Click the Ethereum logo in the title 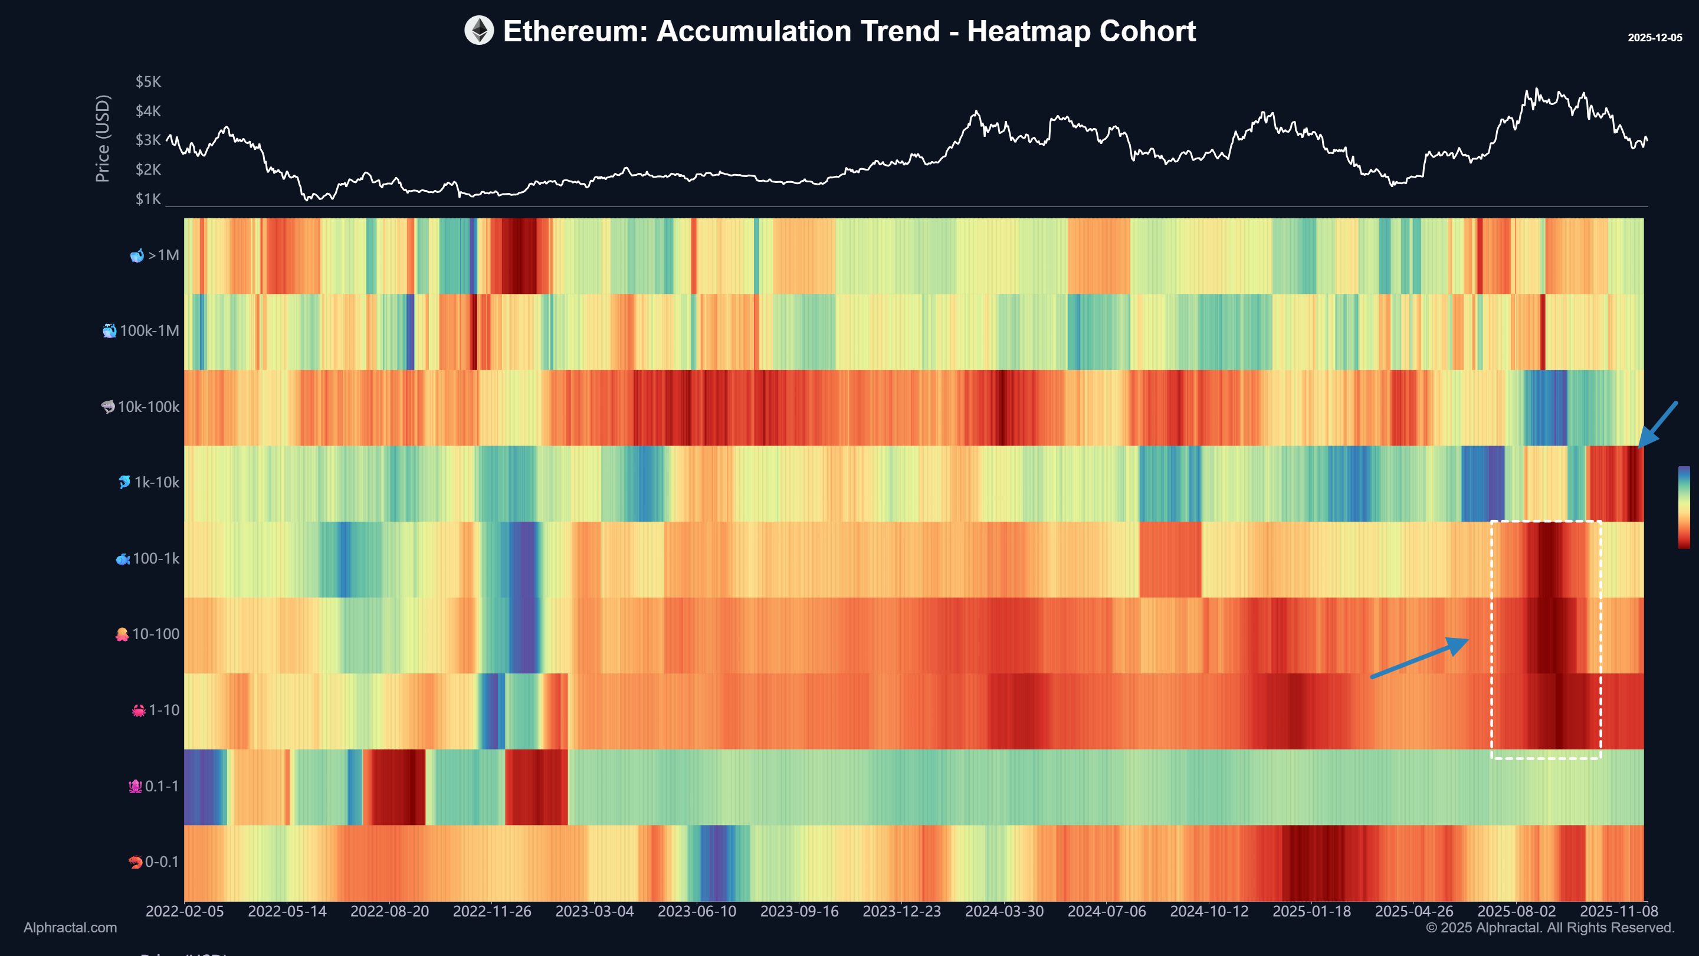point(479,31)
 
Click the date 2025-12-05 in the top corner point(1654,38)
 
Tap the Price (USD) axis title point(102,139)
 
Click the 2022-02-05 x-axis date point(185,911)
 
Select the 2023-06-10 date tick point(697,911)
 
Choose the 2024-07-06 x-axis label point(1106,911)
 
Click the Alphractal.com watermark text point(70,928)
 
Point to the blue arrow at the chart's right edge point(1658,424)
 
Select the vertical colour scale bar point(1684,507)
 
